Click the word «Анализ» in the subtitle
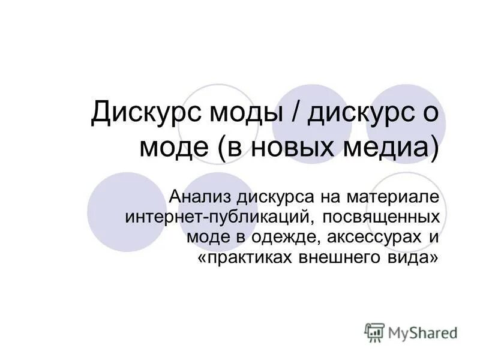click(x=199, y=197)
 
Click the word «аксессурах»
click(x=371, y=237)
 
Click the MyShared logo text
click(x=421, y=332)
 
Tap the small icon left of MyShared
click(x=374, y=332)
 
